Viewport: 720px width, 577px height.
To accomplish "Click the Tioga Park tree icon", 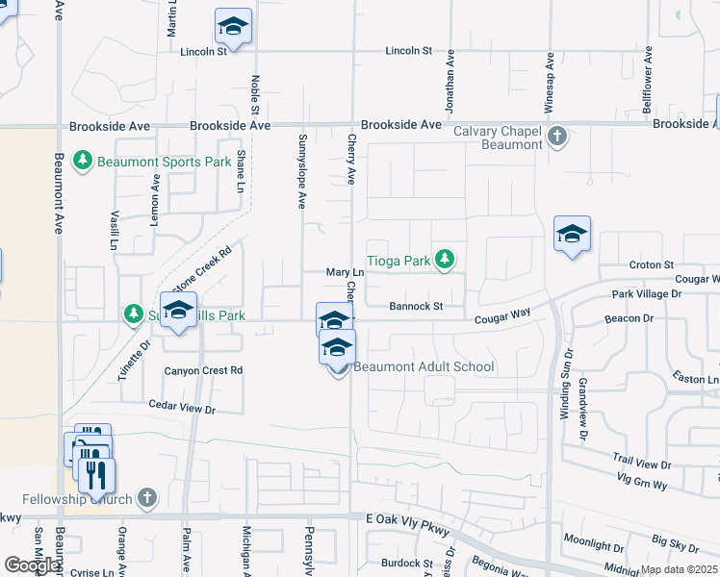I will pos(444,259).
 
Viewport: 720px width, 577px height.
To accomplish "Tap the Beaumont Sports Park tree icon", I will pos(84,161).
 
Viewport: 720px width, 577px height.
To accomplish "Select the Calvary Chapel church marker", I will pos(557,138).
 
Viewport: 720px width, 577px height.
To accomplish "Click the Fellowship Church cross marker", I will pos(146,498).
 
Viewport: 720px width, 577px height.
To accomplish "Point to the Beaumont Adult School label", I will pos(424,366).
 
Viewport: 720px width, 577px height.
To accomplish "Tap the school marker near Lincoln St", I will pos(233,29).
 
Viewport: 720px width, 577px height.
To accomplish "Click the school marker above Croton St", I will pos(572,235).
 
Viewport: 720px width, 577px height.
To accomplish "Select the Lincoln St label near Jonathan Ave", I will pos(412,50).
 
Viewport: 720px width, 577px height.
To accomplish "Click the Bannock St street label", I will pos(415,307).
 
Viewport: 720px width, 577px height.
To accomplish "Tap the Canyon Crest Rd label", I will pos(203,370).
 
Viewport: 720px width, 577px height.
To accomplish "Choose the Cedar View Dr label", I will pos(182,409).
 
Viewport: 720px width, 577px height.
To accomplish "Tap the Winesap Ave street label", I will pos(549,84).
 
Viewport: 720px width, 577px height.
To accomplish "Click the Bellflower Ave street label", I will pos(648,75).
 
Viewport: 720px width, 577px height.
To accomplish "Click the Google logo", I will pos(31,565).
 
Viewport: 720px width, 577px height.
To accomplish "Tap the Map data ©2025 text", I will pos(680,569).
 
